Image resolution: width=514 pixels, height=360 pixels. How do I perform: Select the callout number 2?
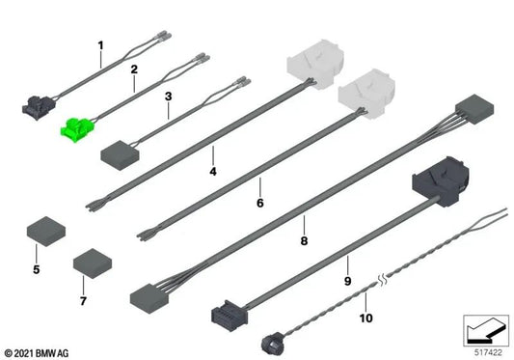pyautogui.click(x=135, y=69)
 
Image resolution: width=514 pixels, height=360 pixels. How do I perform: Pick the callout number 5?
pyautogui.click(x=37, y=268)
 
